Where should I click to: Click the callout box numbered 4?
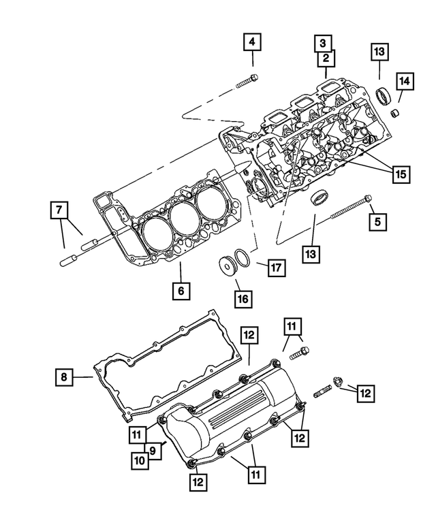click(x=252, y=42)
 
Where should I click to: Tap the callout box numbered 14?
click(x=405, y=82)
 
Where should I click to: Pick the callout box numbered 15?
click(x=401, y=174)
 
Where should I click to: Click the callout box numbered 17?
click(x=275, y=268)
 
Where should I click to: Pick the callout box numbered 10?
click(x=140, y=461)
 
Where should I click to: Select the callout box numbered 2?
click(x=325, y=59)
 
